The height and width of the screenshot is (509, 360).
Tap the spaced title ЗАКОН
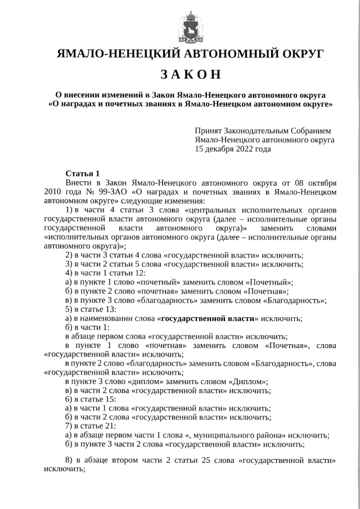[x=191, y=75]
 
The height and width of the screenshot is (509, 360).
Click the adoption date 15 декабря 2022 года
[x=232, y=149]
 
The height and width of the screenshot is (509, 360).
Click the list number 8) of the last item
[x=69, y=460]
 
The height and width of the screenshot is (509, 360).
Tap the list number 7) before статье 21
[x=69, y=426]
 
